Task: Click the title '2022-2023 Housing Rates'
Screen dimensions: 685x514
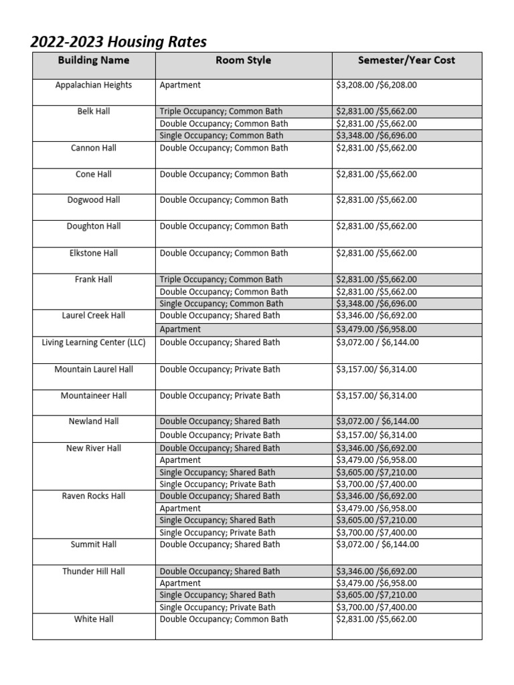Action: (x=118, y=41)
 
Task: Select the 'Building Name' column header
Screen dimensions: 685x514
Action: (x=94, y=60)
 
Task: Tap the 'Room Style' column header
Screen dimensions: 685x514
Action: (x=243, y=60)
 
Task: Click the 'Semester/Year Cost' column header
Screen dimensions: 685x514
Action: (x=406, y=60)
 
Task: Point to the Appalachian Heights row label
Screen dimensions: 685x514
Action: (x=94, y=85)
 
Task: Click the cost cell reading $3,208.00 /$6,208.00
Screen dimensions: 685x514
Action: (x=376, y=86)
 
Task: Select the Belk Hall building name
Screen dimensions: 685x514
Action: (x=94, y=111)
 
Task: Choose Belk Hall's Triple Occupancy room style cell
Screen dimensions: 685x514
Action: (x=221, y=112)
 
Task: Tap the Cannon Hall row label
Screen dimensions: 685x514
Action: (x=94, y=148)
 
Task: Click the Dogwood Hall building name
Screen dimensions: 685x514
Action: (x=94, y=200)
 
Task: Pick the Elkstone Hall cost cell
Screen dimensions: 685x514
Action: (x=376, y=254)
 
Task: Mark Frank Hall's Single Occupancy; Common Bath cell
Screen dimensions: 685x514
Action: (x=221, y=304)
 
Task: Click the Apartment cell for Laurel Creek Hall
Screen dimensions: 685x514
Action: (x=181, y=329)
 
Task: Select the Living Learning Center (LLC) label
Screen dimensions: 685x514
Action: (x=94, y=342)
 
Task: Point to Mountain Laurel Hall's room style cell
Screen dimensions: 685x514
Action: (x=220, y=369)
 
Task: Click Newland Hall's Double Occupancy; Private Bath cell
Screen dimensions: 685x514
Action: (x=220, y=435)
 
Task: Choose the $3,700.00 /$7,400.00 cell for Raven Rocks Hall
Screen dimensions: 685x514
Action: (x=376, y=532)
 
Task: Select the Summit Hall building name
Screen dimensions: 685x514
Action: (x=94, y=545)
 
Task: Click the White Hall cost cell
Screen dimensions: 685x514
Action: (x=376, y=619)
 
